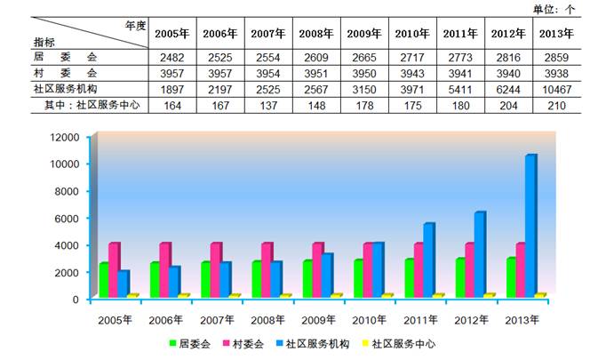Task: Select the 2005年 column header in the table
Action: pyautogui.click(x=172, y=34)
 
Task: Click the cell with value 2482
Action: pyautogui.click(x=172, y=57)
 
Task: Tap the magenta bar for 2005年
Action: pyautogui.click(x=114, y=270)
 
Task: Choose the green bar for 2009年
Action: pyautogui.click(x=307, y=279)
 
